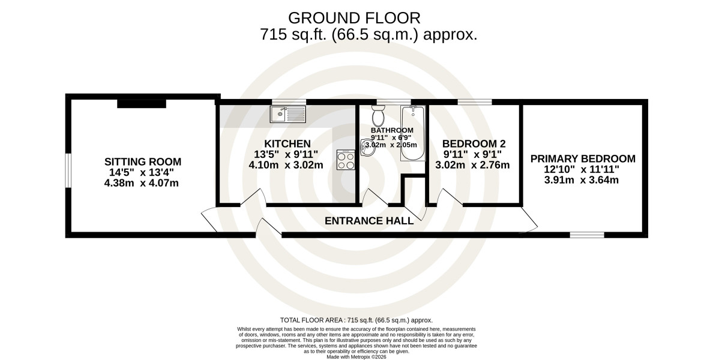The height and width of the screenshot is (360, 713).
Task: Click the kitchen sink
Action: click(x=288, y=113)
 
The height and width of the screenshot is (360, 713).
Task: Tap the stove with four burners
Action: click(x=346, y=160)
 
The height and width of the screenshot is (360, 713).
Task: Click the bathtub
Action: click(x=412, y=133)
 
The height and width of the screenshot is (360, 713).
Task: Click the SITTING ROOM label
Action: click(x=143, y=162)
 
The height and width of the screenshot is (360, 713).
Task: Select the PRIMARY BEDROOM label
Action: click(x=583, y=159)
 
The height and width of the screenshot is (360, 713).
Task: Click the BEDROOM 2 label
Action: click(x=474, y=144)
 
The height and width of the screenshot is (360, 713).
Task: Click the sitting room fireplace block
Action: click(x=142, y=104)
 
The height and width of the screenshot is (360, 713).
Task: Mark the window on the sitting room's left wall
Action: click(x=67, y=170)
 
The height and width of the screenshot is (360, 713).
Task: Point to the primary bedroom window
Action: click(x=587, y=235)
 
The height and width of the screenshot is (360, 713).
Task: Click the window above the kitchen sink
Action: click(x=289, y=102)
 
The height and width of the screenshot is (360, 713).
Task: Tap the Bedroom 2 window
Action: click(x=475, y=102)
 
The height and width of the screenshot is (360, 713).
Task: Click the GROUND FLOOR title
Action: click(x=354, y=18)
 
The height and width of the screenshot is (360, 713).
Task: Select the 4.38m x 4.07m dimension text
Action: click(x=142, y=183)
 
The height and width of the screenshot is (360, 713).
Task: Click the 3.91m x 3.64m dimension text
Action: click(x=582, y=180)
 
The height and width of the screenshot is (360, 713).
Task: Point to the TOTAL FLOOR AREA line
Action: click(x=356, y=320)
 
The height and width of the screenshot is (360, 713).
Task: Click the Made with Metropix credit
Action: click(x=356, y=357)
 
